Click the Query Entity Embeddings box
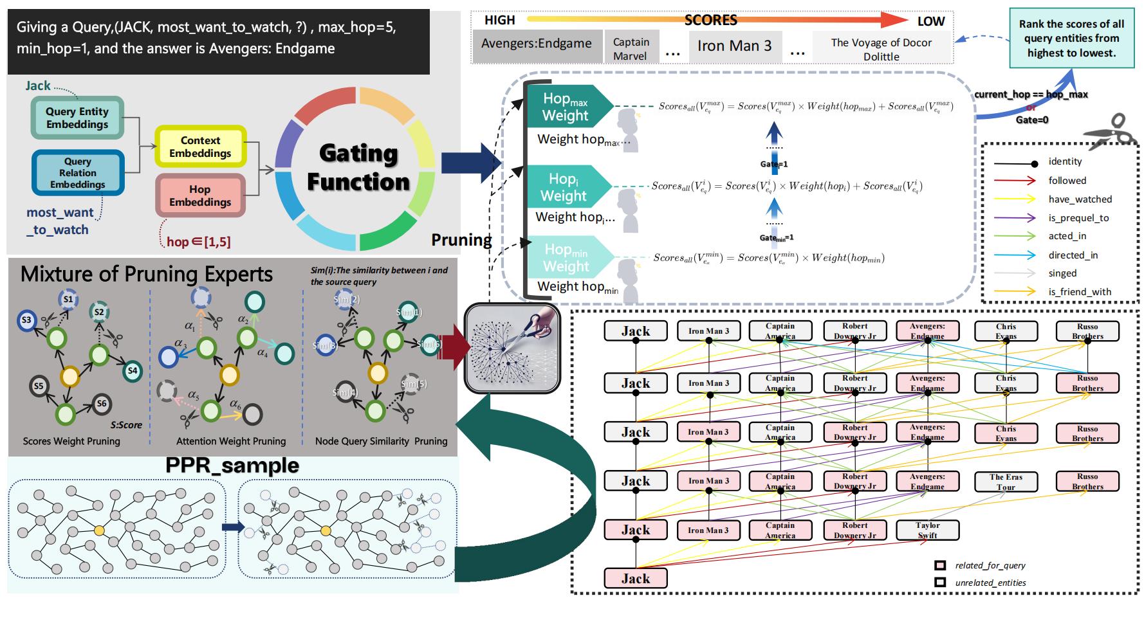coord(77,118)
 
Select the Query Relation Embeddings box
coord(77,173)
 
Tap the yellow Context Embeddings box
coord(200,147)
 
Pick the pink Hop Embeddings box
coord(200,195)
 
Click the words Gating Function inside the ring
coord(358,167)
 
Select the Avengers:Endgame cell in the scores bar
coord(537,44)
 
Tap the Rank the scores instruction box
coord(1071,39)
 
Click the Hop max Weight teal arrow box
coord(566,107)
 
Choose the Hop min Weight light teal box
coord(566,257)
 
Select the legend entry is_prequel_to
coord(1078,218)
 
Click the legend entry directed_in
coord(1073,255)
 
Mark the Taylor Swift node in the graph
coord(927,530)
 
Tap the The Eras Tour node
coord(1006,482)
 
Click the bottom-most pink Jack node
coord(635,578)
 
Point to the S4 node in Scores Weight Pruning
coord(132,370)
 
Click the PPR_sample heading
coord(232,466)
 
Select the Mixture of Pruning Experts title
coord(147,275)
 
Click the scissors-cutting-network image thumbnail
coord(512,348)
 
